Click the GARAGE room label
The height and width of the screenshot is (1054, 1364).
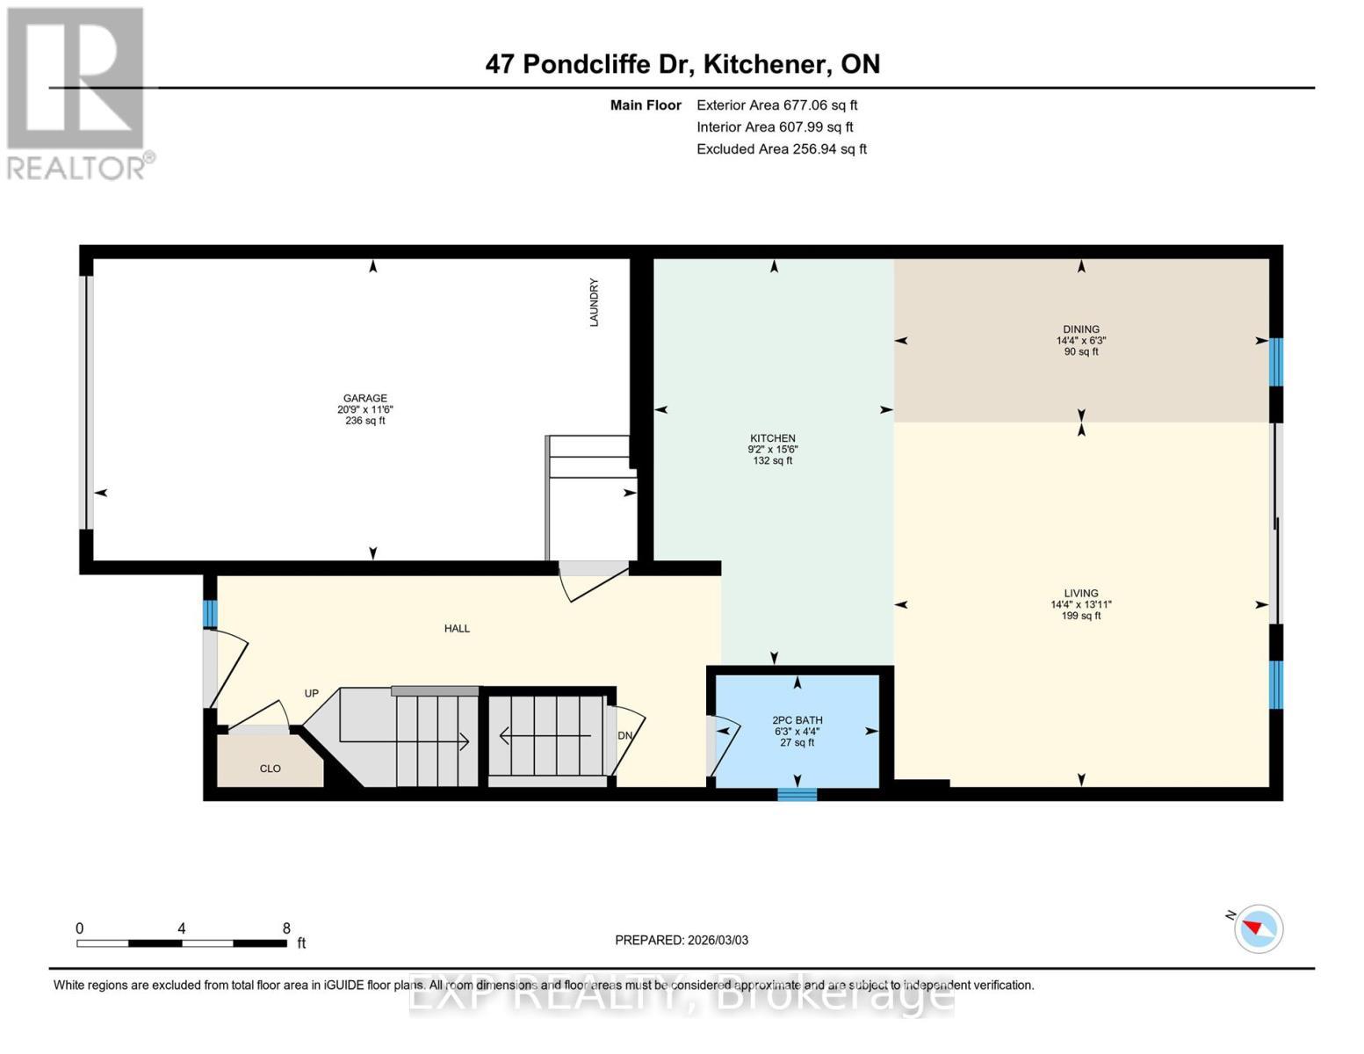click(x=364, y=398)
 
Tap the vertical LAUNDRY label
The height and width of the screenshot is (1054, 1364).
click(x=594, y=302)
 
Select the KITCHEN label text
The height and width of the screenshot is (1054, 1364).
click(x=773, y=438)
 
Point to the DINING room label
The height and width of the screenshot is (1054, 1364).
click(x=1081, y=329)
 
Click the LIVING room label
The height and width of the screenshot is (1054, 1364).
click(x=1081, y=593)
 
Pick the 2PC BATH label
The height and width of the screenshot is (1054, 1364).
click(x=797, y=720)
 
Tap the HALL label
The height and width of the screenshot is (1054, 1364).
click(x=457, y=628)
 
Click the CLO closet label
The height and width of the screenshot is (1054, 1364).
click(x=270, y=769)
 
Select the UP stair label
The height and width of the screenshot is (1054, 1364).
click(x=311, y=693)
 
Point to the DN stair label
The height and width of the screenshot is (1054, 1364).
click(x=624, y=735)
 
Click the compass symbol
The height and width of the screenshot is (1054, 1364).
click(x=1258, y=929)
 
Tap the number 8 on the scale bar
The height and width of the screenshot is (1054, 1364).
click(x=286, y=928)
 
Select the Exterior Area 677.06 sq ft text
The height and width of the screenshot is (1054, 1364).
click(x=777, y=105)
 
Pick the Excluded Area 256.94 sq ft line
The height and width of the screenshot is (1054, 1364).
click(x=782, y=148)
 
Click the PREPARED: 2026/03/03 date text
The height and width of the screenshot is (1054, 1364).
click(x=682, y=940)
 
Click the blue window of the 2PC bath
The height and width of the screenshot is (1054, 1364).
click(x=797, y=795)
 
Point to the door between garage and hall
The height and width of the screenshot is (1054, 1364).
click(x=594, y=581)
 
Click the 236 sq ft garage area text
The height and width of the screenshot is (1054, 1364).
click(x=364, y=421)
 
